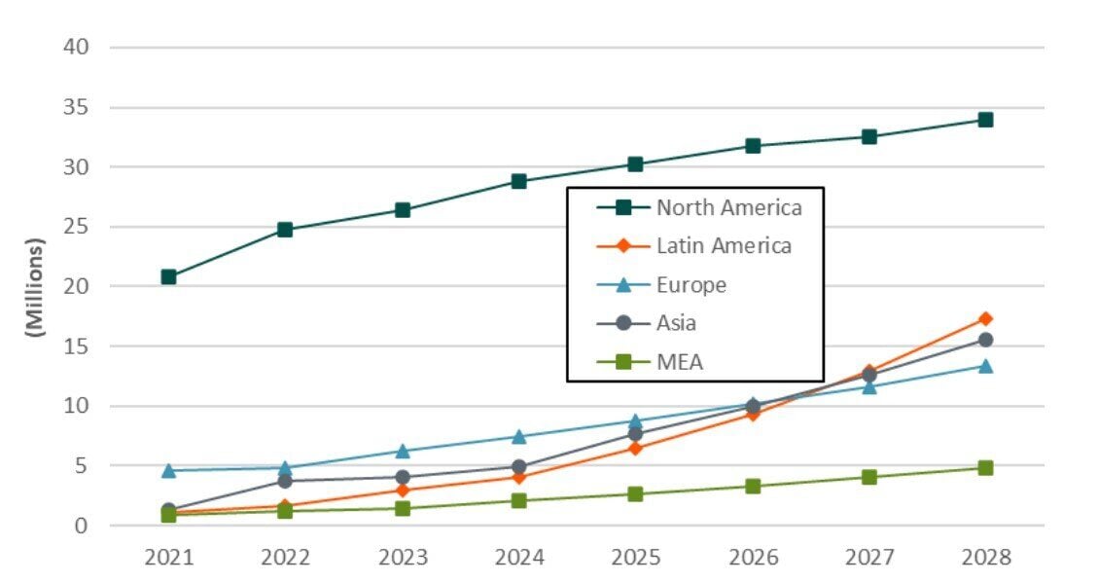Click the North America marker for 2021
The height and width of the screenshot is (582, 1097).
pos(168,276)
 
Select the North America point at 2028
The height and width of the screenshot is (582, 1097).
pos(985,120)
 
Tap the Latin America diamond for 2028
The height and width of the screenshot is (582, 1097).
pos(985,318)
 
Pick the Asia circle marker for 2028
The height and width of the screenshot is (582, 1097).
pos(985,340)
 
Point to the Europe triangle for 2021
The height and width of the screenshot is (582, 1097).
pos(168,470)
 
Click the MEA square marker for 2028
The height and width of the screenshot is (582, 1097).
pos(985,467)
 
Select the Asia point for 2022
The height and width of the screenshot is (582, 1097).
pos(285,481)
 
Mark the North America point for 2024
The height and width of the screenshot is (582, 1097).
pos(518,181)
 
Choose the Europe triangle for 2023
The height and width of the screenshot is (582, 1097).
pos(402,451)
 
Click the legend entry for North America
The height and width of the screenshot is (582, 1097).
pos(728,207)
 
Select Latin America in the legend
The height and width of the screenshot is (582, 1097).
pos(724,246)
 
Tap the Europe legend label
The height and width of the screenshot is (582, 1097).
pos(691,285)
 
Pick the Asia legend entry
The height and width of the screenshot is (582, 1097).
pos(676,323)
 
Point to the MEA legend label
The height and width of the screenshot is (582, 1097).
pos(679,362)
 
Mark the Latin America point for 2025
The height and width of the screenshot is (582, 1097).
pos(635,448)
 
